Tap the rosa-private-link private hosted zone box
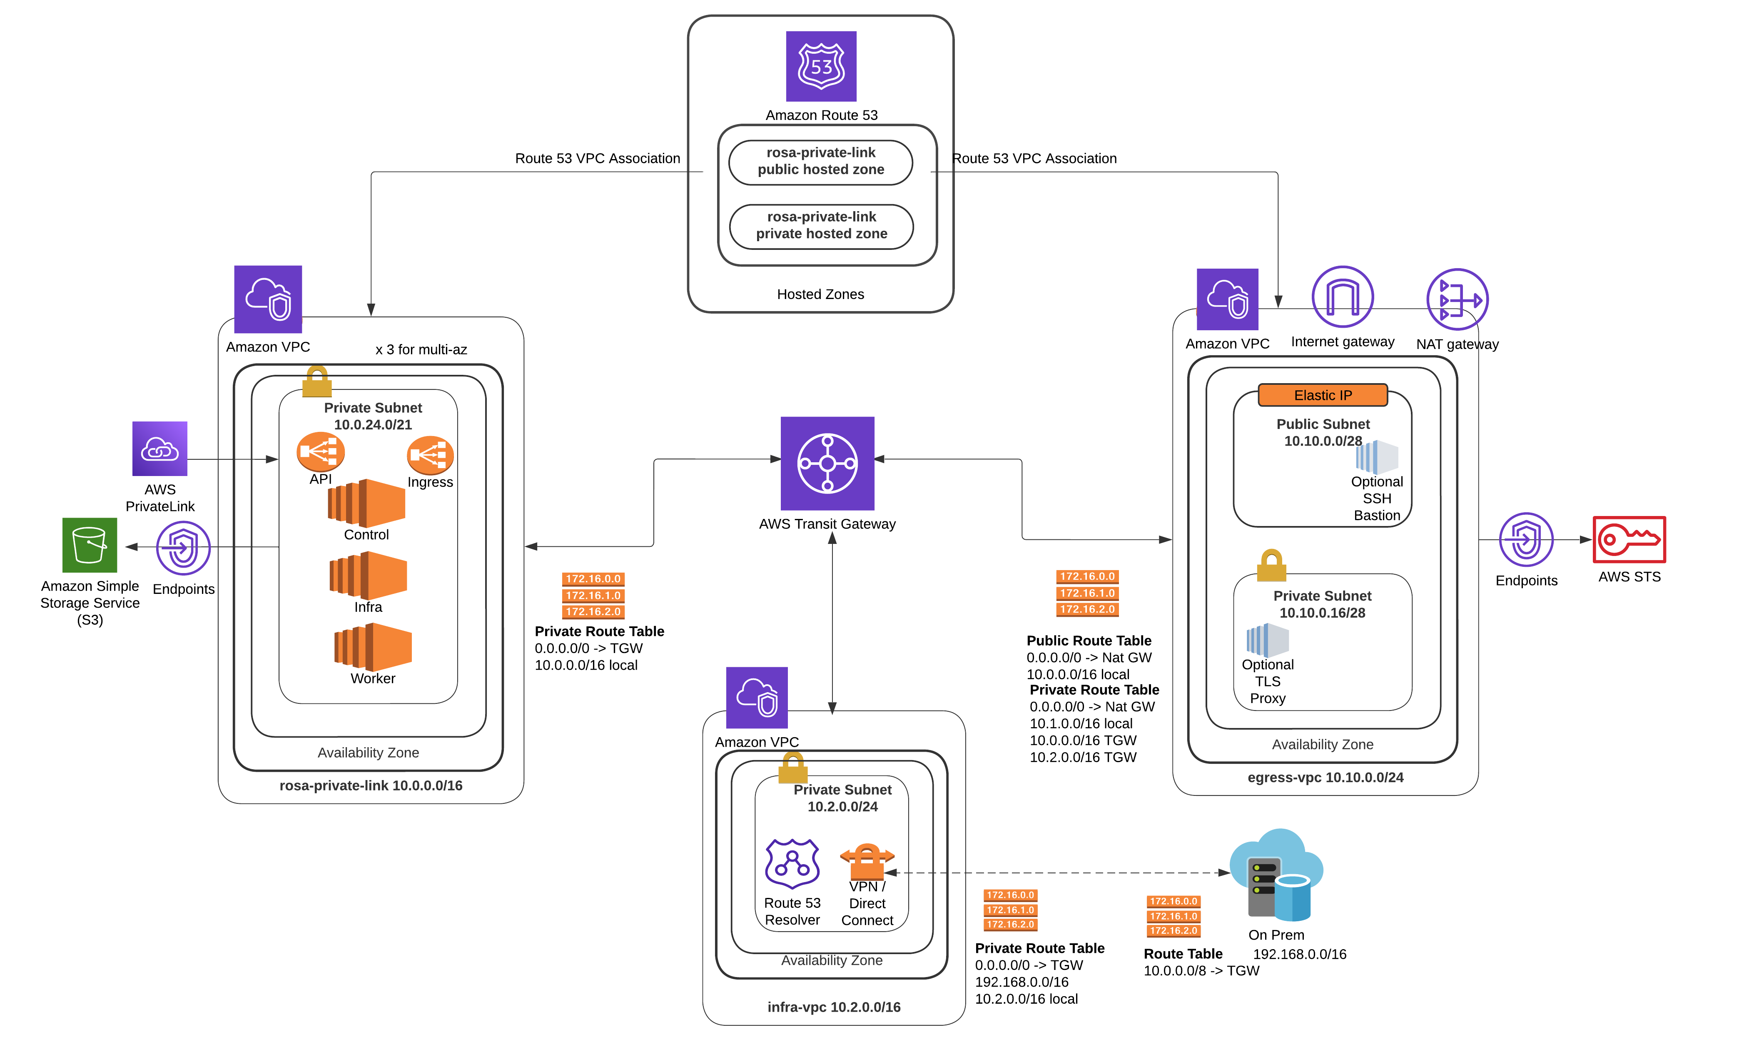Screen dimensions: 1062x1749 pos(821,226)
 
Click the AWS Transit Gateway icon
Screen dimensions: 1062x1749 pos(827,463)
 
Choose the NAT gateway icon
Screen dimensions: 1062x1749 pos(1457,299)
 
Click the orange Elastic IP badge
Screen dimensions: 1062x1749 pos(1323,395)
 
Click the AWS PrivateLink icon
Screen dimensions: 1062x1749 pos(160,449)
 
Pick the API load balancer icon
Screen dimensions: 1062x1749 pos(320,451)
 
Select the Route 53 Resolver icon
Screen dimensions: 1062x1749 pos(792,863)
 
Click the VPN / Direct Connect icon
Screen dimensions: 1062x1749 pos(867,860)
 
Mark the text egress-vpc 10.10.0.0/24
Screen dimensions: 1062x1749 pos(1325,777)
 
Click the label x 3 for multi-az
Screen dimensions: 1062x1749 pos(421,349)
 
